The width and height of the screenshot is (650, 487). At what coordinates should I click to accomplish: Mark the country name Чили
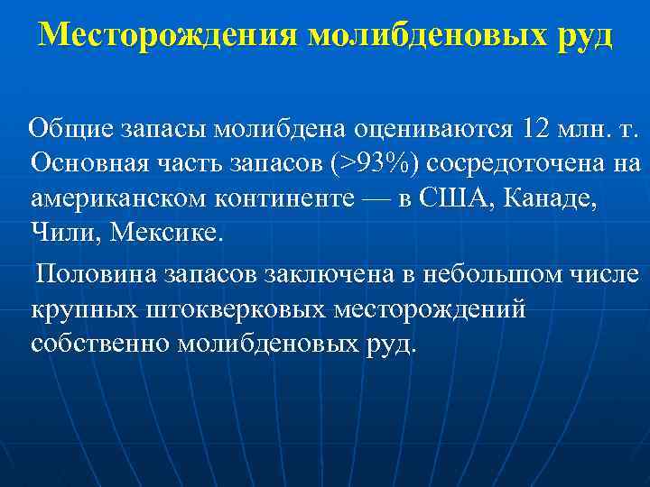66,234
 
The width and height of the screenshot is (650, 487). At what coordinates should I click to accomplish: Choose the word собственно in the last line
99,344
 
